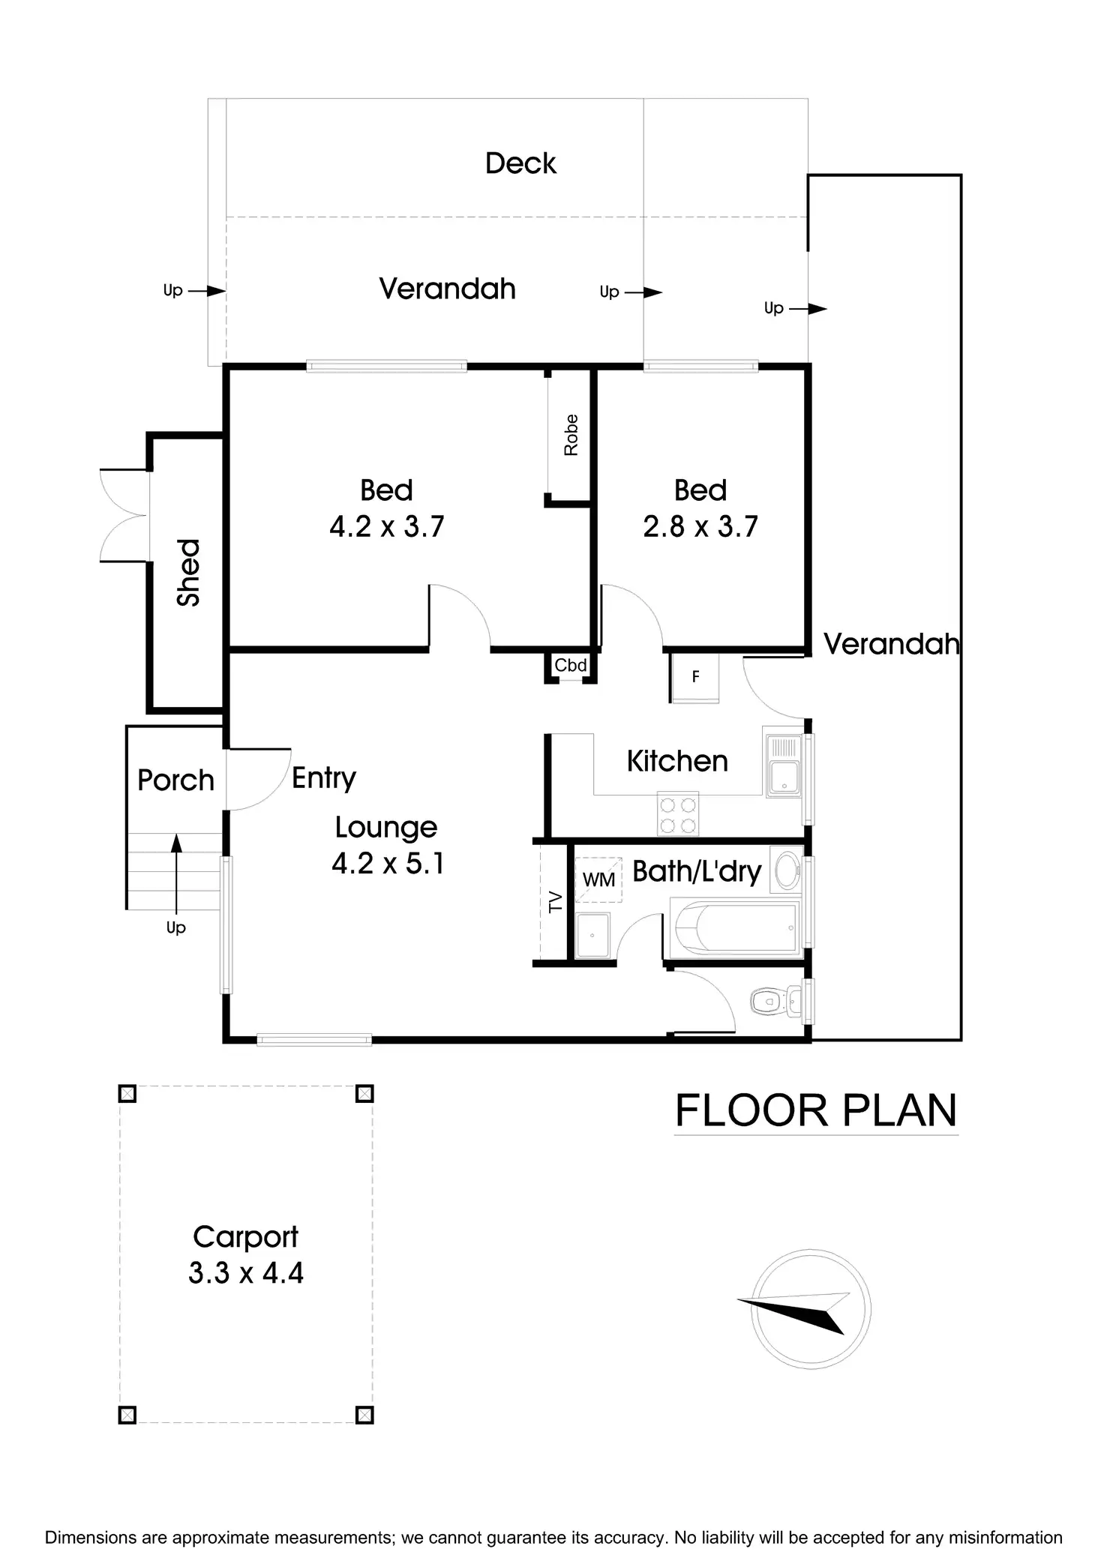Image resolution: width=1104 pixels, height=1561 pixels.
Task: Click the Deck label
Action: [520, 163]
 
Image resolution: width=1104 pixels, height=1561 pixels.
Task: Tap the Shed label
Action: [188, 572]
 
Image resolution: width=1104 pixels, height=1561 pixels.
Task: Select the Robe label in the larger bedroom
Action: [571, 435]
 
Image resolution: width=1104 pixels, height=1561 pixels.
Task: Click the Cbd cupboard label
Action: [570, 665]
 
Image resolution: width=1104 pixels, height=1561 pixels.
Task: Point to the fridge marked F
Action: [695, 677]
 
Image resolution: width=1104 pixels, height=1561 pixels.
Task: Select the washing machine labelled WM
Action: [598, 879]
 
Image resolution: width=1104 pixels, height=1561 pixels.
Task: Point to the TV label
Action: [555, 902]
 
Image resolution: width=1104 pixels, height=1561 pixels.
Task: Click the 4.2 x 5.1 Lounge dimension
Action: [388, 864]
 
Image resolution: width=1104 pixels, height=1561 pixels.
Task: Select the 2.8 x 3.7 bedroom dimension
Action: [700, 526]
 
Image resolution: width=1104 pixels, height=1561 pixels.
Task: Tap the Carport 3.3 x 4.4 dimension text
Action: [246, 1273]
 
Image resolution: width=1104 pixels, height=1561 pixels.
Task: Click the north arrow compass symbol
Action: [810, 1309]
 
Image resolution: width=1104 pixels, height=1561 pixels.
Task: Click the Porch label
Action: [175, 780]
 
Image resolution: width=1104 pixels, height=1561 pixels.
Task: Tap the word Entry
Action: [323, 778]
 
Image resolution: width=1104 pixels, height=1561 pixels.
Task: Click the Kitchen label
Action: [677, 761]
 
